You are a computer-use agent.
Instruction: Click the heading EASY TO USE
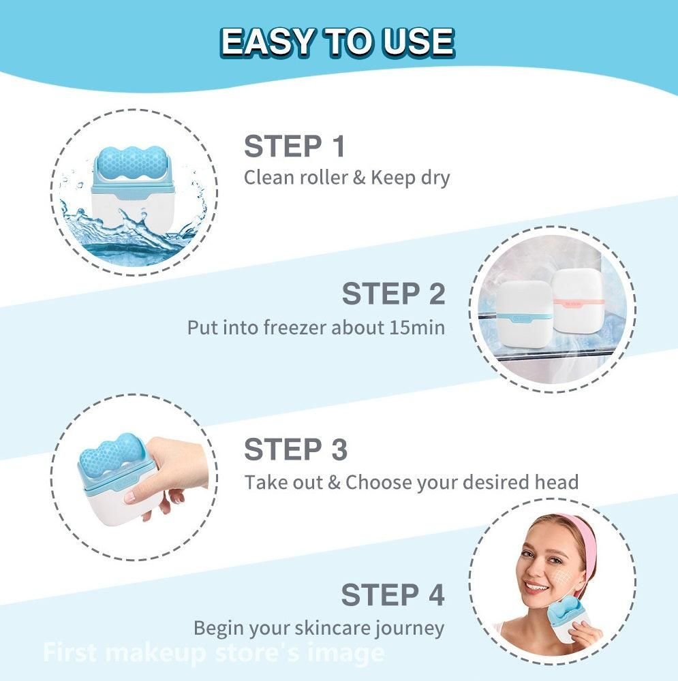coord(338,43)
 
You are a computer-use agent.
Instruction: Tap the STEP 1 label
coord(294,146)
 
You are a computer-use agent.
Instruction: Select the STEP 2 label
coord(393,294)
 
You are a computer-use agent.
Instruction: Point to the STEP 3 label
coord(296,449)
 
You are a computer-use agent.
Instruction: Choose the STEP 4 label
coord(393,595)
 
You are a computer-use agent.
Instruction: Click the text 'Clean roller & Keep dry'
coord(348,178)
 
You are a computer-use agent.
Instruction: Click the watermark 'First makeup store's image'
coord(213,652)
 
